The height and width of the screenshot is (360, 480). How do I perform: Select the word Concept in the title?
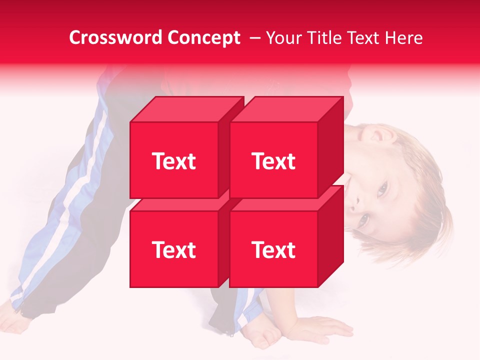pyautogui.click(x=203, y=38)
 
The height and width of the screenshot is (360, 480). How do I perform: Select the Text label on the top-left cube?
pyautogui.click(x=174, y=161)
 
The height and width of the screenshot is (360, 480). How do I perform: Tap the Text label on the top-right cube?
pyautogui.click(x=273, y=161)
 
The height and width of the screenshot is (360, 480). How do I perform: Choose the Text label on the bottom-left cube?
pyautogui.click(x=174, y=249)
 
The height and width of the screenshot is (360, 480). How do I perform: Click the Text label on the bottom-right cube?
pyautogui.click(x=273, y=249)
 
